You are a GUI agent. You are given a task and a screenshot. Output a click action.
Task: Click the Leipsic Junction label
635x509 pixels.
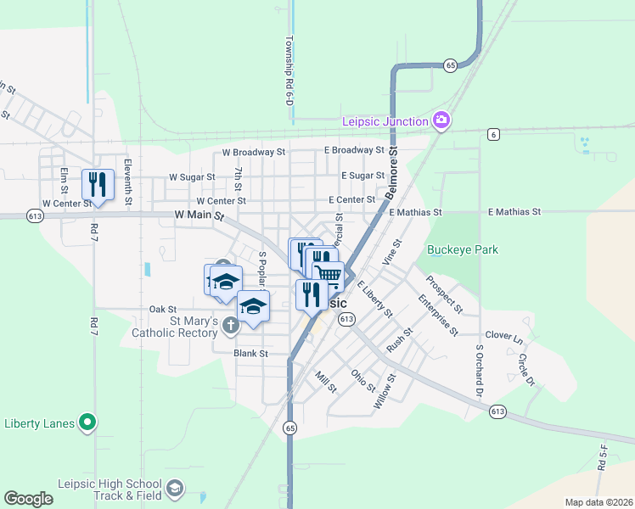point(385,121)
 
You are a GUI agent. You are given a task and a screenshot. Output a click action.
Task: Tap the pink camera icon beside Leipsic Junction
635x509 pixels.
point(441,121)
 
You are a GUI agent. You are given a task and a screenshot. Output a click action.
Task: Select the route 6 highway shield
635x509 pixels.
point(492,134)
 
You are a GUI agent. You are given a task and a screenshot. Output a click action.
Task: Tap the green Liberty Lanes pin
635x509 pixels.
point(87,422)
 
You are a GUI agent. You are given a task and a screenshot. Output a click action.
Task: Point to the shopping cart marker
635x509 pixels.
point(329,273)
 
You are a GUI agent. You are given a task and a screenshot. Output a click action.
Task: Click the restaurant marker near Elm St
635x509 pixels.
point(98,183)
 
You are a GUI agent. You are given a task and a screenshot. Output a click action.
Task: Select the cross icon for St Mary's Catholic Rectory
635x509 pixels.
point(230,325)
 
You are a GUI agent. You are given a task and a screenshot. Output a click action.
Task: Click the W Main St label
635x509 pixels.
point(199,216)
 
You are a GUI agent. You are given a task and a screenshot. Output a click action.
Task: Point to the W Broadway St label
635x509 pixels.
point(254,153)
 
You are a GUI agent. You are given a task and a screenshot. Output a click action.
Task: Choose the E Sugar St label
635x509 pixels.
point(362,176)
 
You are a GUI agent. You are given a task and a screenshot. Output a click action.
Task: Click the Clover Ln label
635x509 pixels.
point(504,337)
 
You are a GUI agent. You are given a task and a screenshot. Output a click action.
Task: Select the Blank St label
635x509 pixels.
point(251,353)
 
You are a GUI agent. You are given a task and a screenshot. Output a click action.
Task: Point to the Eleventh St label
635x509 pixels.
point(128,183)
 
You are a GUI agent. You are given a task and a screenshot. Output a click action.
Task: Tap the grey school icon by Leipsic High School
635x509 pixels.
point(175,488)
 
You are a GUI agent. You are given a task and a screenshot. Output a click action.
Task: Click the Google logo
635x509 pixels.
point(28,499)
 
